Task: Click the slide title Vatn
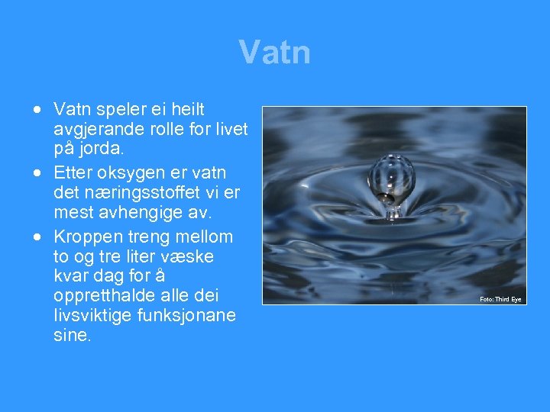274,53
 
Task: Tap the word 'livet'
230,130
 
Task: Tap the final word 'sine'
73,336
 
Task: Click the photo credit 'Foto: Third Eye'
500,299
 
